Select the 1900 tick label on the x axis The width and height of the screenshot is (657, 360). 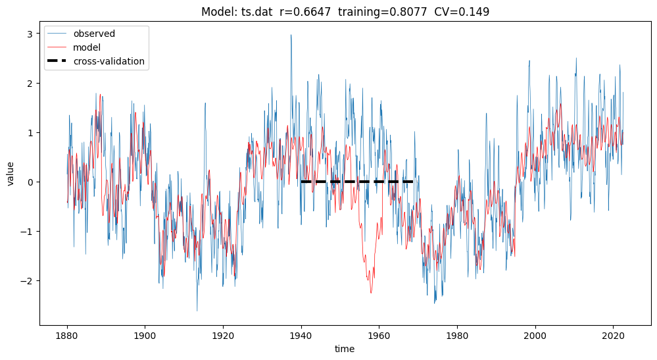[x=145, y=334]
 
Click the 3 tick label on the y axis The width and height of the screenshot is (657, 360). [x=30, y=34]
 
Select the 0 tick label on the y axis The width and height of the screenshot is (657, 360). [x=30, y=182]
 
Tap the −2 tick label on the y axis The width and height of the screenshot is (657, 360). [x=28, y=281]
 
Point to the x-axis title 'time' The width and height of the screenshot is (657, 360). [x=344, y=349]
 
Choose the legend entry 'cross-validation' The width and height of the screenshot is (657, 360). [x=109, y=62]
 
